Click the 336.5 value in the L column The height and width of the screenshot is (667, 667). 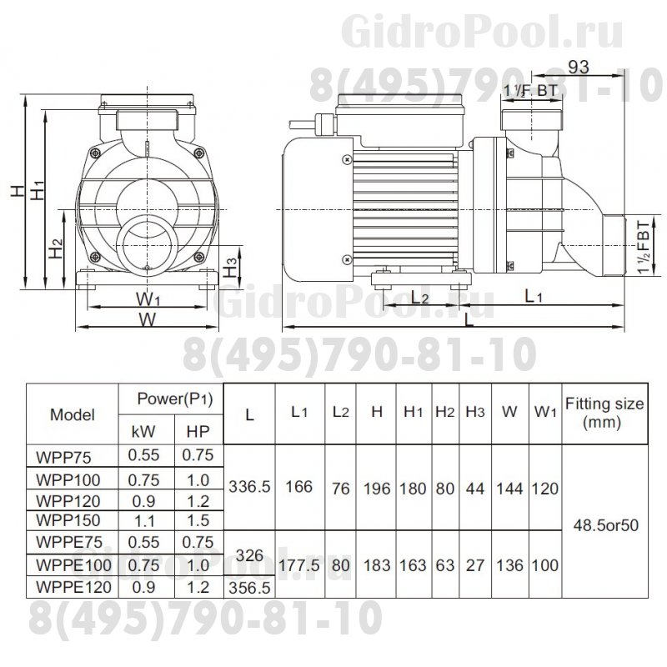[250, 487]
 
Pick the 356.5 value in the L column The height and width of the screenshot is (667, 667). [250, 587]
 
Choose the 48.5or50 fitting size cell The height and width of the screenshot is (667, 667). [604, 526]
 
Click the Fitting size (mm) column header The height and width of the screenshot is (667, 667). [604, 413]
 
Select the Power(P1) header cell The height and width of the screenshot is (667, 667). [174, 399]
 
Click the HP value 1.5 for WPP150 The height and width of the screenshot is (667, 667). [198, 519]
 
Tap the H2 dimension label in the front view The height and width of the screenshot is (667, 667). [54, 247]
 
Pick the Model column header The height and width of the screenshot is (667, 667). [73, 414]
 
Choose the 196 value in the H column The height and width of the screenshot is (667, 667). [377, 487]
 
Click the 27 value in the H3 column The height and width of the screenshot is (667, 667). [475, 565]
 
